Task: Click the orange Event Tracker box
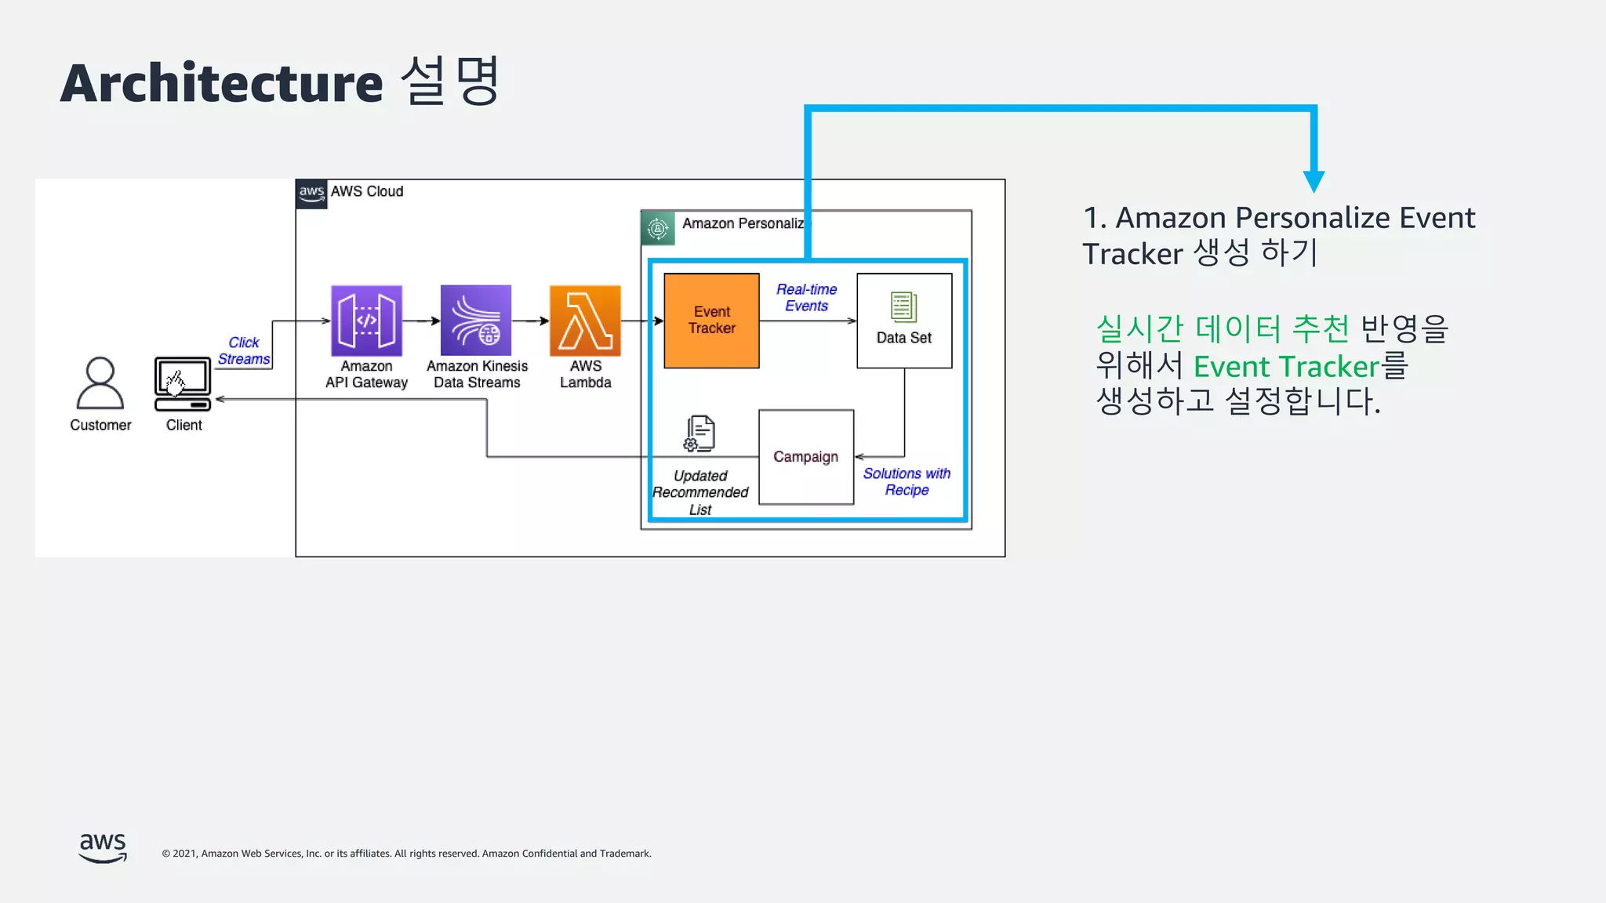click(x=711, y=321)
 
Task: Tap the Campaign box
click(x=805, y=457)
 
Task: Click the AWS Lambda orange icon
click(x=585, y=321)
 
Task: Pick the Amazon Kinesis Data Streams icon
click(x=476, y=321)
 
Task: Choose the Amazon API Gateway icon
click(x=366, y=321)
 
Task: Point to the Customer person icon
click(x=100, y=383)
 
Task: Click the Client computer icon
click(x=183, y=383)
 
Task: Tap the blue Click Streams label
click(x=244, y=351)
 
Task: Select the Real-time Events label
click(x=806, y=298)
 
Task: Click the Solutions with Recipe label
click(x=907, y=482)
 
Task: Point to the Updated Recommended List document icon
click(x=699, y=433)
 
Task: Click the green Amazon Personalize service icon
click(x=658, y=228)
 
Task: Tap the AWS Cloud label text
click(x=366, y=191)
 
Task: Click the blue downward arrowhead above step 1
click(x=1314, y=182)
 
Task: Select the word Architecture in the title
click(x=221, y=83)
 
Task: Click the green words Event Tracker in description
click(x=1286, y=367)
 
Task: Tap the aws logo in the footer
click(x=103, y=847)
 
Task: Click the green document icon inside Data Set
click(x=903, y=307)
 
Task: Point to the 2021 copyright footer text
click(x=406, y=854)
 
